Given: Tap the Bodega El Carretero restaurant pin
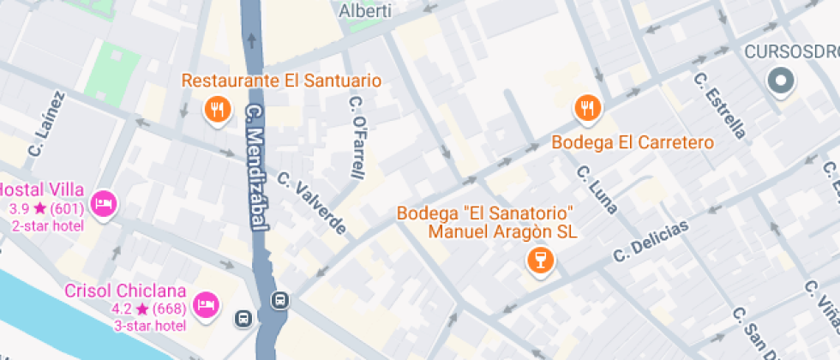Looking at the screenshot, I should pos(588,108).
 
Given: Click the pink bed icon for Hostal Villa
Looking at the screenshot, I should pos(104,203).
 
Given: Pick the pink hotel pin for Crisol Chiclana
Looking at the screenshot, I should pos(205,304).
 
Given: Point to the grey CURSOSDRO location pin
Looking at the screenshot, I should pos(781,83).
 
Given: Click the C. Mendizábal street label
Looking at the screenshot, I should pos(254,167).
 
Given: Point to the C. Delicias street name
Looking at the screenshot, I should pos(651,242).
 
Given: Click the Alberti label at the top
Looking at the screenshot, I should pos(366,11).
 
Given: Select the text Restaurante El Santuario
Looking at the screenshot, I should pos(281,81).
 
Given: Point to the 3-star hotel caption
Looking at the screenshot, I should pos(150,326).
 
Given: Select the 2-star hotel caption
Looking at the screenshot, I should pos(47,225).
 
